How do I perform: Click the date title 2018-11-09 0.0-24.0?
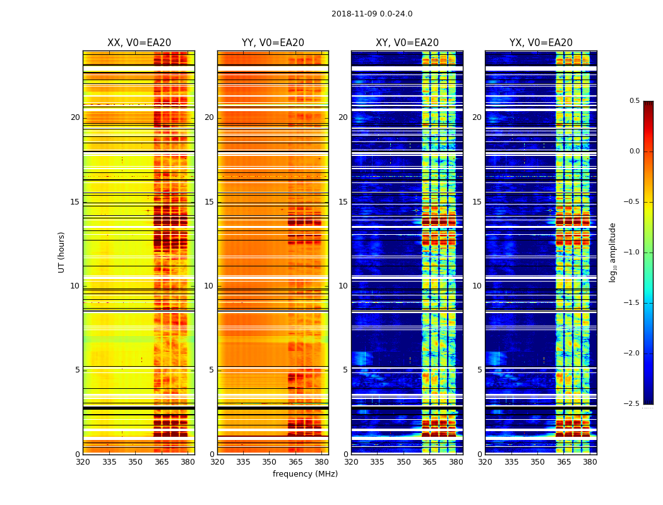tap(372, 14)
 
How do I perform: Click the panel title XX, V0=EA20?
tap(139, 43)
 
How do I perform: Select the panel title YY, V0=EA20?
tap(273, 43)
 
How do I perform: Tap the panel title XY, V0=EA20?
tap(407, 43)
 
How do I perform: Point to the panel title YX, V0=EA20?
tap(541, 43)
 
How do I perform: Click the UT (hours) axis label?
tap(62, 252)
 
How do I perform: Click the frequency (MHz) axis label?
tap(305, 474)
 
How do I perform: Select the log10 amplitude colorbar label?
tap(612, 252)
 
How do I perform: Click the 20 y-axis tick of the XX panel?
tap(75, 117)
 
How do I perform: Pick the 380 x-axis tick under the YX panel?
tap(590, 461)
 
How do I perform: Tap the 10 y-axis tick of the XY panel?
tap(343, 286)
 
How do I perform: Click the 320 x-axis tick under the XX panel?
tap(83, 461)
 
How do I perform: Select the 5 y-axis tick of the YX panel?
tap(479, 370)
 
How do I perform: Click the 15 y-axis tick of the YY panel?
tap(209, 202)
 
